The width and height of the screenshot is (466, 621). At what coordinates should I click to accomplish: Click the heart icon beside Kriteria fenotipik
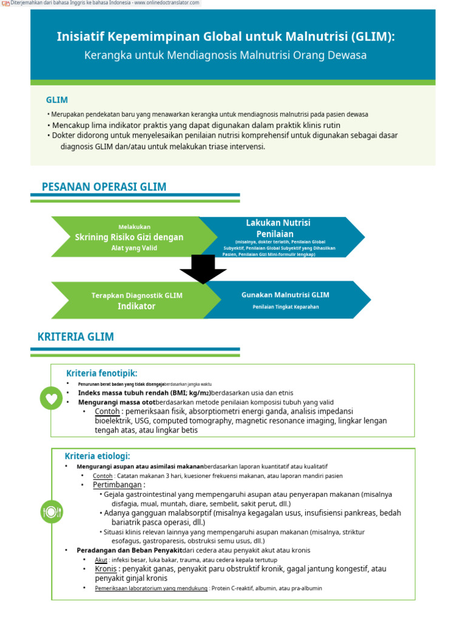point(51,398)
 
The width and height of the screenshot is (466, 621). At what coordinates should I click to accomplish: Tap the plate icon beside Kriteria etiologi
point(52,511)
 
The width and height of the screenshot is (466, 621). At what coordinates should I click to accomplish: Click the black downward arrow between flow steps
point(203,268)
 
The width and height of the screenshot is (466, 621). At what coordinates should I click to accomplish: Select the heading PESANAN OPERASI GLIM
point(104,187)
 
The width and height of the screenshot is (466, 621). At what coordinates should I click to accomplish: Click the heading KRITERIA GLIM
point(75,337)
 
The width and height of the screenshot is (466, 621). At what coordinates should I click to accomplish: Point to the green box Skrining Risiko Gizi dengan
point(129,237)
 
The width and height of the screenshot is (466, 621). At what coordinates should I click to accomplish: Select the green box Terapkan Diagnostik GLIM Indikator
point(137,301)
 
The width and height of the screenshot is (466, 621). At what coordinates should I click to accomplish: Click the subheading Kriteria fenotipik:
point(102,374)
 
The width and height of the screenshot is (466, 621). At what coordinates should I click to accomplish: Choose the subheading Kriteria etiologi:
point(98,456)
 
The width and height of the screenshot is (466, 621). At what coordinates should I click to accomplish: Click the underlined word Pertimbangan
point(118,485)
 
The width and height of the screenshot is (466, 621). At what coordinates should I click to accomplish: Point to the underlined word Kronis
point(106,569)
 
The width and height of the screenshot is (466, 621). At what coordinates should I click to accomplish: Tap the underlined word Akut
point(101,560)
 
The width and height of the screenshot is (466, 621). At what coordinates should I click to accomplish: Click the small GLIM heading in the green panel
point(57,100)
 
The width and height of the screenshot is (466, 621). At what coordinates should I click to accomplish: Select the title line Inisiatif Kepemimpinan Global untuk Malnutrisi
point(225,37)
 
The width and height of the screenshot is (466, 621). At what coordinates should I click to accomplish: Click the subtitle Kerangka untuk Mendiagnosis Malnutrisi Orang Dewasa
point(225,55)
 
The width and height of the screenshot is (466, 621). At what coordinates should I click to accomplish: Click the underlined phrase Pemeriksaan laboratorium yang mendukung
point(151,588)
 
